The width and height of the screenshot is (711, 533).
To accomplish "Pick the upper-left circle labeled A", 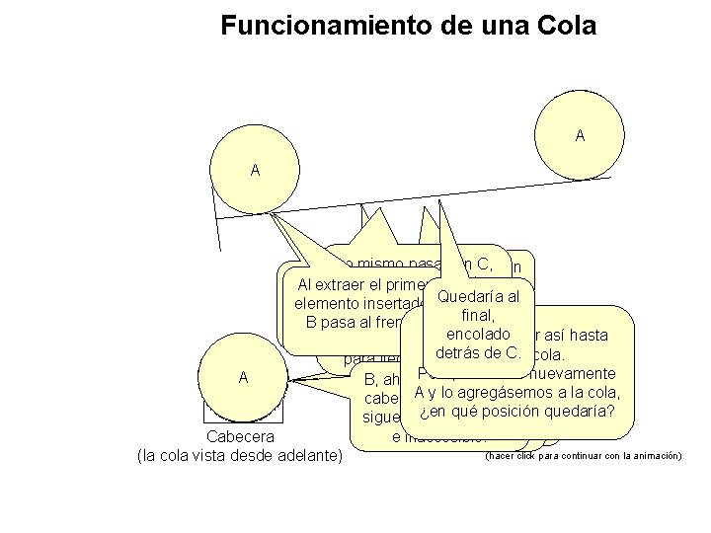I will tap(255, 171).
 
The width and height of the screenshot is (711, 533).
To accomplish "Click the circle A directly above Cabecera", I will tap(242, 378).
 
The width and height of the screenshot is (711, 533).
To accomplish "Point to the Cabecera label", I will tap(240, 436).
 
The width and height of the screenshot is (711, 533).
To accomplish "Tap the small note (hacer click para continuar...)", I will tap(584, 455).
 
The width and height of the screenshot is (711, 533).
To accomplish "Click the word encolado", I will tap(477, 335).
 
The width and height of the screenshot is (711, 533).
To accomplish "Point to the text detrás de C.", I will tap(478, 352).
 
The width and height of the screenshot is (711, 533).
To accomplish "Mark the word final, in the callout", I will tap(478, 316).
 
